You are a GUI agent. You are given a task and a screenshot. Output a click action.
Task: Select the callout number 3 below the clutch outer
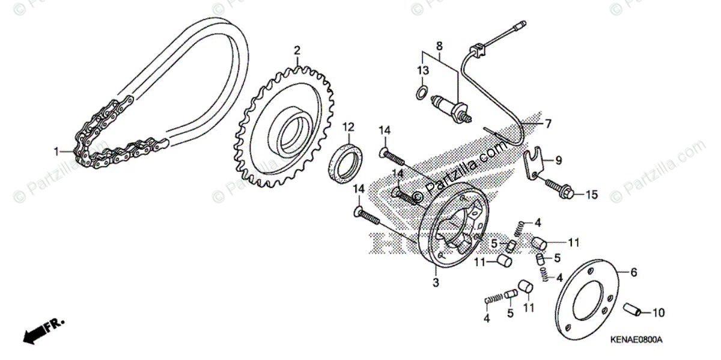pos(436,282)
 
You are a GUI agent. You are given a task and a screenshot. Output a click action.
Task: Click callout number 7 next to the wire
pos(547,124)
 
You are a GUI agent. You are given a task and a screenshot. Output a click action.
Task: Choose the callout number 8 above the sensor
pos(439,46)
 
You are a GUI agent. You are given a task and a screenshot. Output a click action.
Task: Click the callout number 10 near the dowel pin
pos(658,313)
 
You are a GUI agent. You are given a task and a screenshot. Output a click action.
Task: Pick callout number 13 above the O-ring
pos(424,71)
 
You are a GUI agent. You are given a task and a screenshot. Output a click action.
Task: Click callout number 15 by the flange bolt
pos(592,195)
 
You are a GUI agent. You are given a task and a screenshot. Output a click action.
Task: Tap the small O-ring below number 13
pos(422,92)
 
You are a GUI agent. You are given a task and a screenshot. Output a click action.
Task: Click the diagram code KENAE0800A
pos(636,340)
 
